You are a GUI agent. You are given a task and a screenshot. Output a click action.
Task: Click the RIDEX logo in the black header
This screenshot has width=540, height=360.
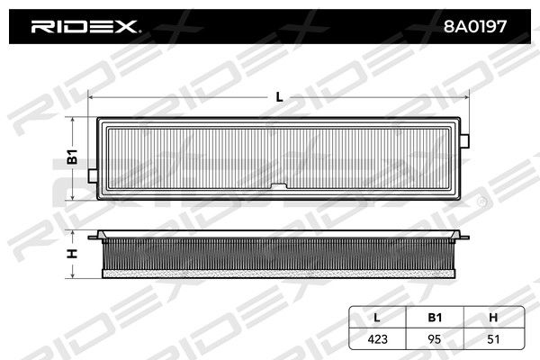click(85, 26)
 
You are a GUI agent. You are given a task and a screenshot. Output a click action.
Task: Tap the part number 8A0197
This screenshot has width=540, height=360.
click(475, 26)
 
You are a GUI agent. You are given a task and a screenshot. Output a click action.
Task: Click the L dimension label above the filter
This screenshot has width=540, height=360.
click(279, 97)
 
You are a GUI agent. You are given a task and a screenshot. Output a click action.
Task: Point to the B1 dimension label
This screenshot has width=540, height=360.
click(72, 157)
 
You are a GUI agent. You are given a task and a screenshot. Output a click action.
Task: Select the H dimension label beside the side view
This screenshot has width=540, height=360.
click(72, 254)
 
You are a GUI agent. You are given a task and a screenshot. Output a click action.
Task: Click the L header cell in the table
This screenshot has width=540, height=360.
click(377, 318)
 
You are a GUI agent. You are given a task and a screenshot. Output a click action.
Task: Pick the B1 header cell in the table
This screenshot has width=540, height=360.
click(435, 318)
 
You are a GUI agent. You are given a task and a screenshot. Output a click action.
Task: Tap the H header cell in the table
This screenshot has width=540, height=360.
click(493, 318)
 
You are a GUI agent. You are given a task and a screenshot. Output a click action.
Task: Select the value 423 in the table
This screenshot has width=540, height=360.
click(377, 339)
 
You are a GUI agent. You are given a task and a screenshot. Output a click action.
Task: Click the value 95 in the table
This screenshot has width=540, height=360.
click(435, 339)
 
